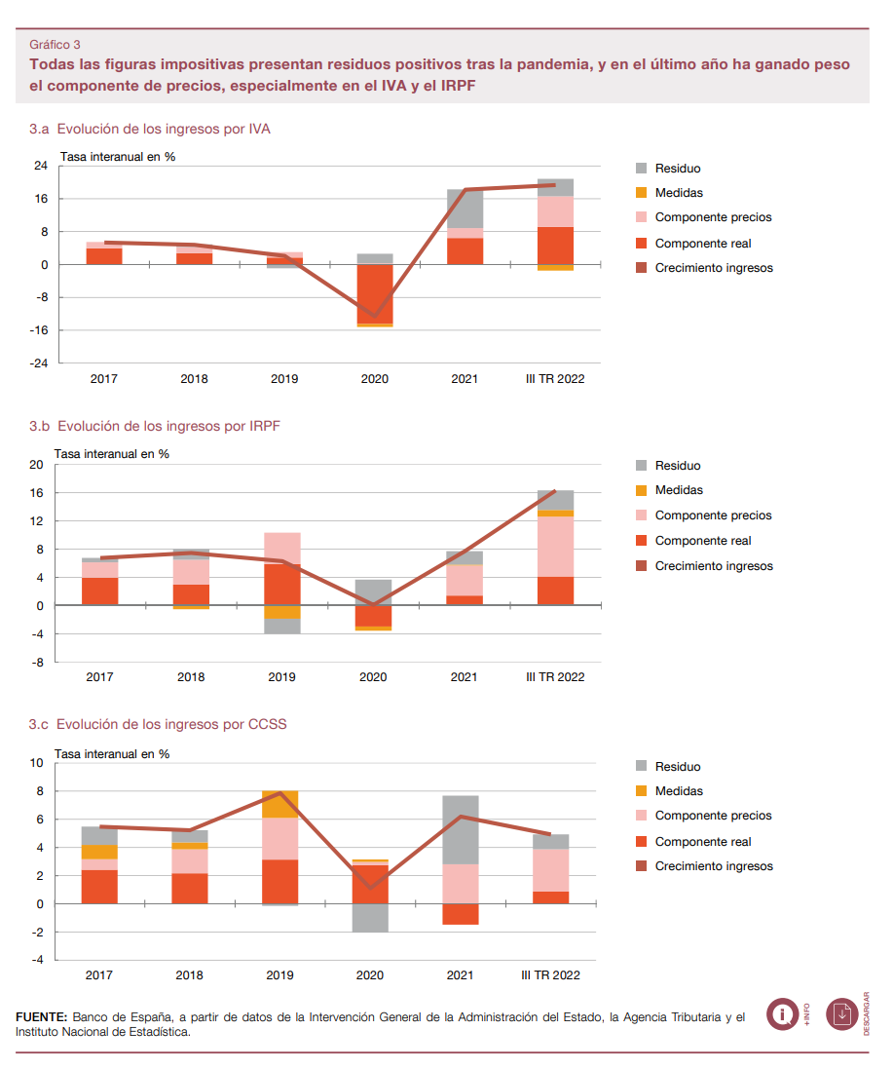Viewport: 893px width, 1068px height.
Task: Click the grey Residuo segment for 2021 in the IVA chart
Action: point(465,210)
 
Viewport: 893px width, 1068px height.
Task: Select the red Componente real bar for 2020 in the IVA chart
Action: point(375,293)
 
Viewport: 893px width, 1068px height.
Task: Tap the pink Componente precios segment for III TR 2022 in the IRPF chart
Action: point(555,547)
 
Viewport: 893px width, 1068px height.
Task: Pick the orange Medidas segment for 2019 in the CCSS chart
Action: point(279,804)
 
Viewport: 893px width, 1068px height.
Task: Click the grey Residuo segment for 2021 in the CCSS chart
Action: point(460,829)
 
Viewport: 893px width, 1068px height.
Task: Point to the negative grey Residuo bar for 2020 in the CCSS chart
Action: point(370,918)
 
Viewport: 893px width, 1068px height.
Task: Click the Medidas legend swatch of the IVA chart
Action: point(641,193)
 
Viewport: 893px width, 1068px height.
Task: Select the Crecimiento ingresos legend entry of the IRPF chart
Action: point(704,566)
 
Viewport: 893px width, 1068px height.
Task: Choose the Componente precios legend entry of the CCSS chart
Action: point(704,816)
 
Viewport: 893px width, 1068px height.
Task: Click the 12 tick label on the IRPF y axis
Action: point(37,521)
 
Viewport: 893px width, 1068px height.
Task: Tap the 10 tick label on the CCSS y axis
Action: point(37,763)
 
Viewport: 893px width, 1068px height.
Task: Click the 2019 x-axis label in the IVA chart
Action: point(284,379)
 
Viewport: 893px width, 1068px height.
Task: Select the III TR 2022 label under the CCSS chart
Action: point(550,974)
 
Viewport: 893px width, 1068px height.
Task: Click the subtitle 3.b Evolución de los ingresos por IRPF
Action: point(155,426)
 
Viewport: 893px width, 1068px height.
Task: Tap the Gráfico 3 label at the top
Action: point(55,44)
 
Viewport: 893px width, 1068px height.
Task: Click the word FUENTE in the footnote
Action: point(42,1017)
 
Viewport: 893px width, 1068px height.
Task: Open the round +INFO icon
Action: point(783,1014)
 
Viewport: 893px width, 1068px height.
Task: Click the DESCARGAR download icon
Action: point(842,1014)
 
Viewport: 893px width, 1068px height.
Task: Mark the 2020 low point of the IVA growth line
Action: point(375,316)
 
